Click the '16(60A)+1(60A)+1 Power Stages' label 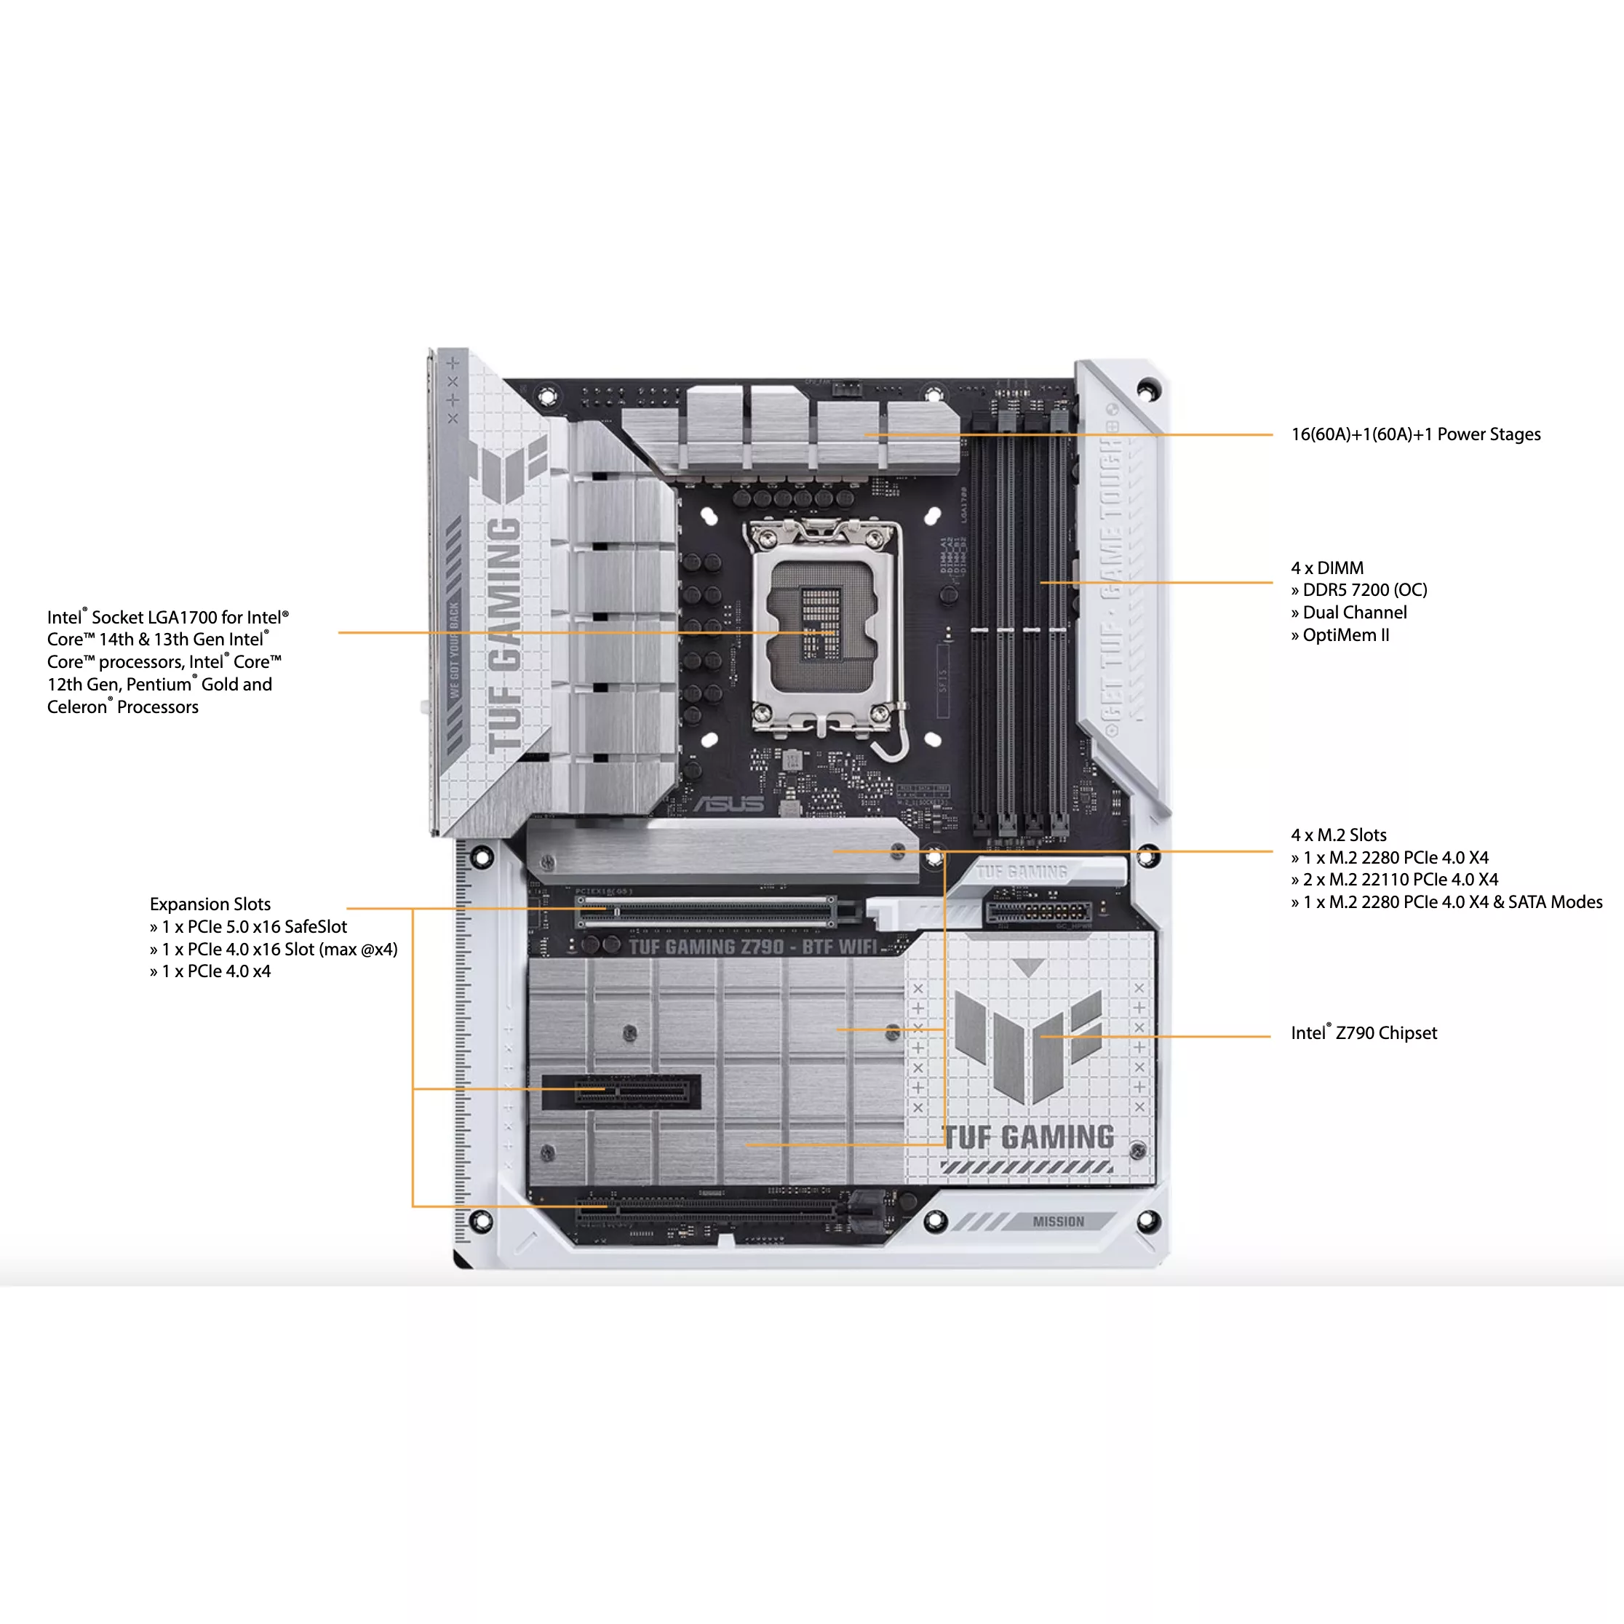click(x=1415, y=434)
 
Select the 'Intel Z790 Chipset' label click(x=1364, y=1033)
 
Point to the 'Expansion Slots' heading click(x=210, y=904)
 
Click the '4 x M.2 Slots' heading click(x=1338, y=835)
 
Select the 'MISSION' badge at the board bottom click(x=1058, y=1222)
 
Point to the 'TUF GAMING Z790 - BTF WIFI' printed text click(x=752, y=947)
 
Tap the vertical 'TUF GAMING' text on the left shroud click(x=504, y=634)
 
